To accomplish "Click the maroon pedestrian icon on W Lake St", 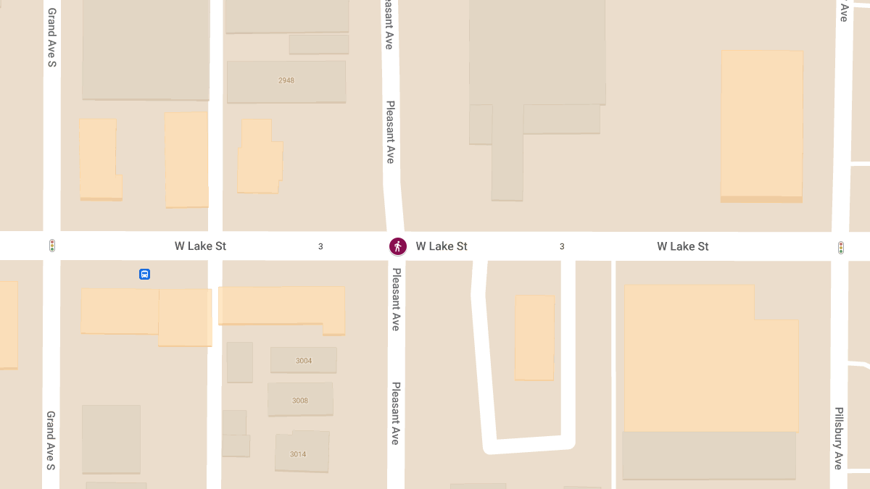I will (397, 246).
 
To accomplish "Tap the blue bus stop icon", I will (144, 274).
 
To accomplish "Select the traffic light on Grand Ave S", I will (52, 246).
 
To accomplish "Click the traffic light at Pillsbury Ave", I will (840, 248).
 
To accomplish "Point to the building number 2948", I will (286, 80).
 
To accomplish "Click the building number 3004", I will (304, 360).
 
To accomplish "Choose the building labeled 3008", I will (300, 400).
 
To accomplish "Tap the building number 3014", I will (298, 454).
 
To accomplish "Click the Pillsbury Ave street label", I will (838, 438).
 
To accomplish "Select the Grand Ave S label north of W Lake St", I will (51, 38).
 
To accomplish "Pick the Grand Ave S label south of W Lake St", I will (51, 440).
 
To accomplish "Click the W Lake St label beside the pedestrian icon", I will (442, 246).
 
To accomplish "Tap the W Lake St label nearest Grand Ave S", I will (200, 246).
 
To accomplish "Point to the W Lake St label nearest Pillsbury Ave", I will (682, 246).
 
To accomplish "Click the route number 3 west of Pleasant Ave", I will (320, 246).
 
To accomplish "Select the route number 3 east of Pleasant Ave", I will (562, 246).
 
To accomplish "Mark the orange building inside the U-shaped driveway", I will (534, 337).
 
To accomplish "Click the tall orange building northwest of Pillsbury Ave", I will (761, 125).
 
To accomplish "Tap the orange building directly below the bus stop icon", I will (120, 310).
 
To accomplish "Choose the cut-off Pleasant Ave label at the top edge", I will (389, 25).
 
